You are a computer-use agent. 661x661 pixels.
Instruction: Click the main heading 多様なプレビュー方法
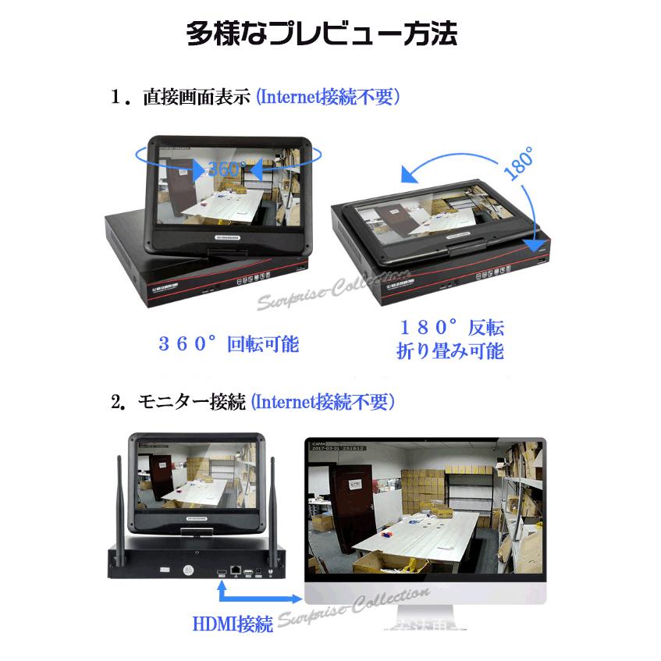[x=321, y=35]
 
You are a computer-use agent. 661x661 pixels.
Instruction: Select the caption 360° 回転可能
[x=229, y=343]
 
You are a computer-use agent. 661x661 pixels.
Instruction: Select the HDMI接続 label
[x=232, y=624]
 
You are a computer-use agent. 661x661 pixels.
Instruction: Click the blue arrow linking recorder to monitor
[x=258, y=597]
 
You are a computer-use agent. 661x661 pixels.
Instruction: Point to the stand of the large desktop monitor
[x=425, y=620]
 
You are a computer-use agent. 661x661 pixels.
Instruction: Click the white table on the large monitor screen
[x=425, y=530]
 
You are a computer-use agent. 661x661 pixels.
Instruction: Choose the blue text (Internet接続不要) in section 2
[x=322, y=403]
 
